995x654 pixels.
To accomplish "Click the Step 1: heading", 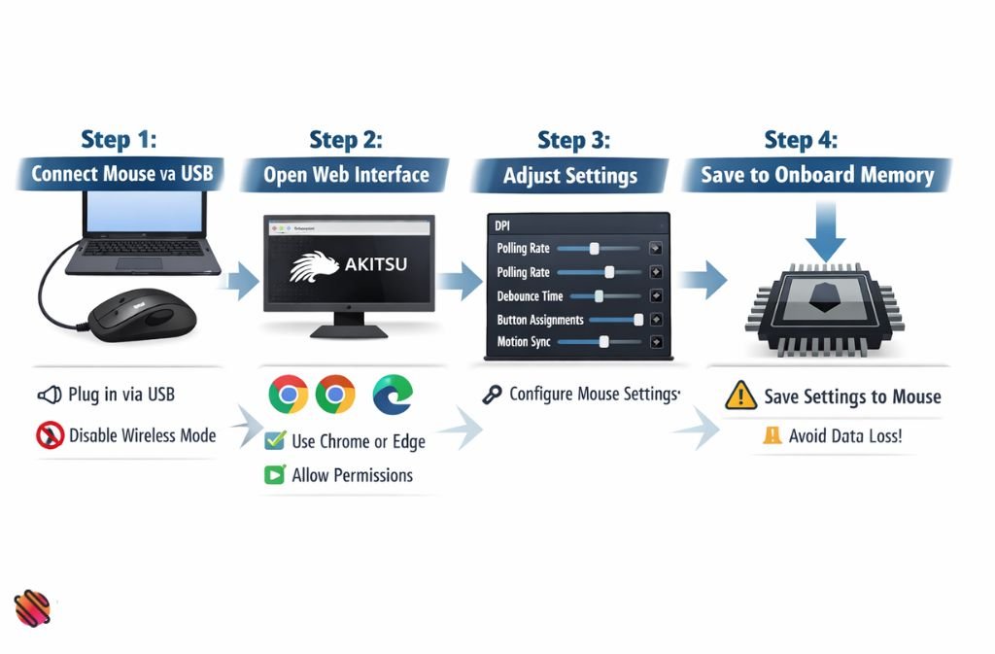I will (118, 140).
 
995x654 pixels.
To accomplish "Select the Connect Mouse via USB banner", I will (120, 175).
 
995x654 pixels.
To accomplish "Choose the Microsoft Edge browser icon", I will (392, 394).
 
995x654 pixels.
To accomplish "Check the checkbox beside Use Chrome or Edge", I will (274, 440).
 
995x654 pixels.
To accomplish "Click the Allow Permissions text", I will (352, 475).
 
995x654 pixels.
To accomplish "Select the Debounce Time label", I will (530, 296).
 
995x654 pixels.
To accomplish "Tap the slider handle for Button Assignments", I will (638, 320).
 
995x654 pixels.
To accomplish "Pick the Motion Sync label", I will (524, 342).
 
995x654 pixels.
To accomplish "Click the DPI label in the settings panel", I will (502, 225).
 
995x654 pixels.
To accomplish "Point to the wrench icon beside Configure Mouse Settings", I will (492, 395).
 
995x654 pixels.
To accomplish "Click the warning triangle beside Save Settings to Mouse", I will (740, 395).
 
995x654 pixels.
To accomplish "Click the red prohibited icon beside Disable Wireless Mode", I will (50, 435).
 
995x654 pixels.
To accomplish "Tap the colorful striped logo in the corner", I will (32, 609).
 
